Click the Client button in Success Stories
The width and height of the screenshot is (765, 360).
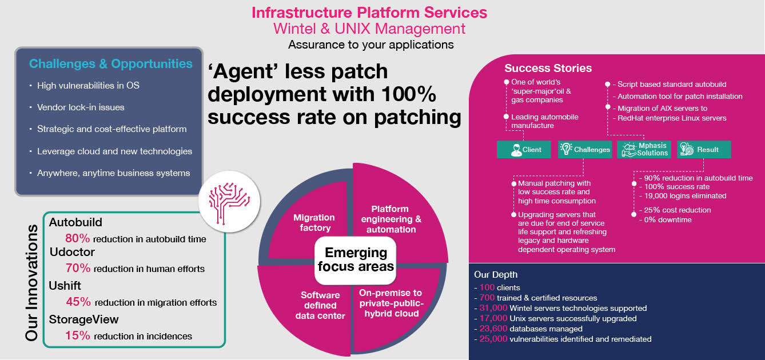pyautogui.click(x=524, y=150)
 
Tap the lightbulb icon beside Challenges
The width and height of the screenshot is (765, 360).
pyautogui.click(x=565, y=149)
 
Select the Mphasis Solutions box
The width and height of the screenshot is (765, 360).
pyautogui.click(x=644, y=150)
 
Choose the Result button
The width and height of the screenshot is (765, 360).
pyautogui.click(x=704, y=150)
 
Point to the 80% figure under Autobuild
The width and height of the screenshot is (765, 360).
pyautogui.click(x=78, y=238)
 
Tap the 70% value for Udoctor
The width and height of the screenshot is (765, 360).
pyautogui.click(x=78, y=268)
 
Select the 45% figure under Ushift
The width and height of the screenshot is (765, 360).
pyautogui.click(x=78, y=302)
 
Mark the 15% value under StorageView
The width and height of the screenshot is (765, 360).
pyautogui.click(x=78, y=335)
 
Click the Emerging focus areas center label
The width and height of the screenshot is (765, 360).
pyautogui.click(x=356, y=259)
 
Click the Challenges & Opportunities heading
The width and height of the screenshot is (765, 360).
pyautogui.click(x=111, y=64)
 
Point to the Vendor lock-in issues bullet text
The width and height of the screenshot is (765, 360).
pyautogui.click(x=81, y=107)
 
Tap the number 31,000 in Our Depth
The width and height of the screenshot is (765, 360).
pyautogui.click(x=493, y=308)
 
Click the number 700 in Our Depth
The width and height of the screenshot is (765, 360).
pyautogui.click(x=487, y=298)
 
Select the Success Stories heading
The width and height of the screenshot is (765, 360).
pyautogui.click(x=548, y=68)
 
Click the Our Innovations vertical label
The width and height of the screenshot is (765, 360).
pyautogui.click(x=31, y=282)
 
